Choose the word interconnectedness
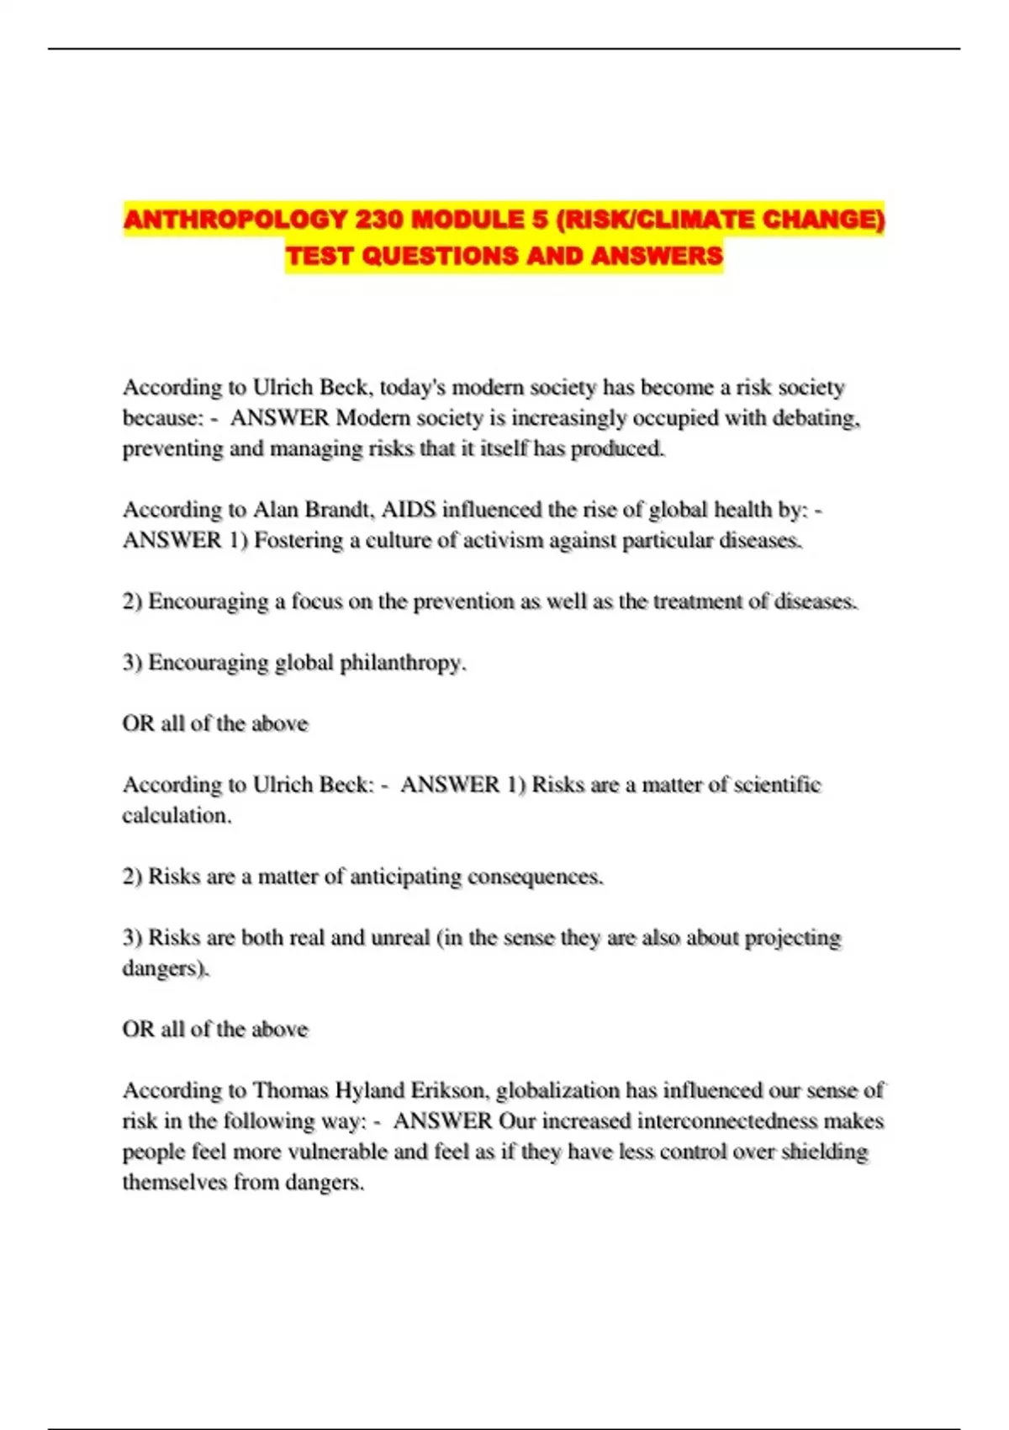coord(726,1121)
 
